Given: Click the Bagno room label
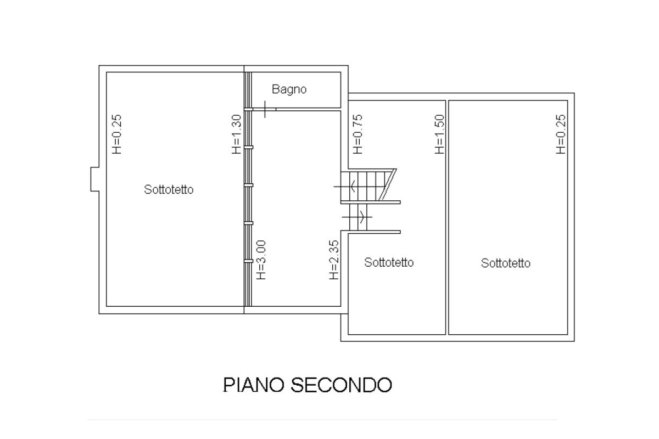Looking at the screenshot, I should pos(289,89).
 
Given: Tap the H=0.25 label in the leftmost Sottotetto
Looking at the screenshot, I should pos(116,134).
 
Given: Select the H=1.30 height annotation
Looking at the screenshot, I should pos(236,134).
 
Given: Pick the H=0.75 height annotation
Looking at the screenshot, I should pos(358,134).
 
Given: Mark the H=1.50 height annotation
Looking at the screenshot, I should pos(439,134).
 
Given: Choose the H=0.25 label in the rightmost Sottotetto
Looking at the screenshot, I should pos(560,134).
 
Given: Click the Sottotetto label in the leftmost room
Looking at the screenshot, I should pos(169,190).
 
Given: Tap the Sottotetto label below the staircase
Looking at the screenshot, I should pos(389,262).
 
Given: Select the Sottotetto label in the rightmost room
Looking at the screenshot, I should pos(506,263).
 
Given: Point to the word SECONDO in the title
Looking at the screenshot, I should pos(340,385).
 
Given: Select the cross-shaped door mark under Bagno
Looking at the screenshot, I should pos(265,109).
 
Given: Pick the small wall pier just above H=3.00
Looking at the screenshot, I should pos(249,223).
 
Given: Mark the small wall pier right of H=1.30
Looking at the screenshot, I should pos(249,147).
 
